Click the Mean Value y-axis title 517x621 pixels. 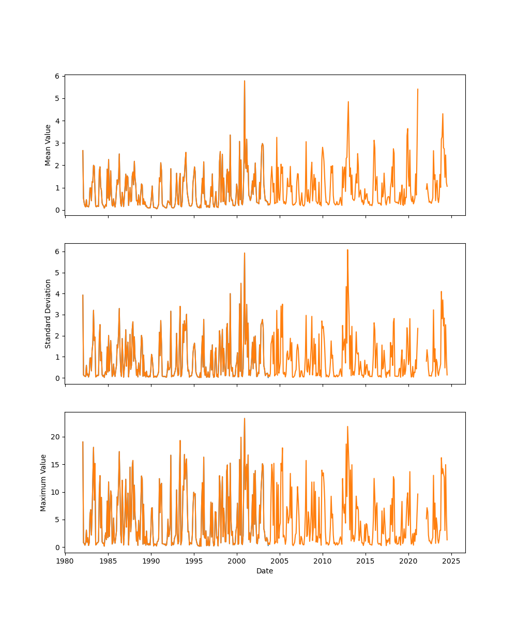(x=48, y=145)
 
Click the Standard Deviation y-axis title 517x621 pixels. (x=48, y=314)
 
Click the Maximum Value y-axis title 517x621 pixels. (x=43, y=483)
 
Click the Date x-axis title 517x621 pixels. (x=265, y=571)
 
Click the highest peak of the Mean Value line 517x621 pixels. (x=245, y=81)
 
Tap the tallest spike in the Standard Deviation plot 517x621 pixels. (x=347, y=249)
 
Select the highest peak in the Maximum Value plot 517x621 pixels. (x=245, y=418)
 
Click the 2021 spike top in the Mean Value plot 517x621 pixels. (x=418, y=89)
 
